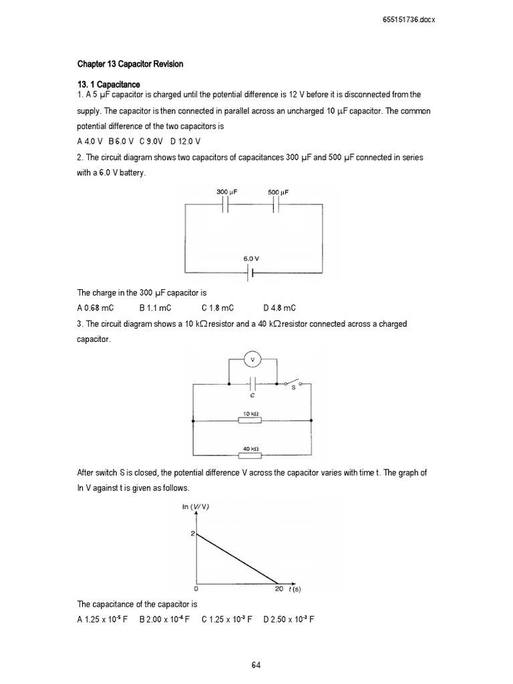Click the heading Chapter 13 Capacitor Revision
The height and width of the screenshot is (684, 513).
(x=130, y=64)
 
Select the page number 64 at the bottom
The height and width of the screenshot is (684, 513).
(x=256, y=665)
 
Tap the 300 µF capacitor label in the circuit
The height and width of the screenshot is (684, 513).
(x=227, y=192)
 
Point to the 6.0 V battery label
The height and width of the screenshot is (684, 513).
(x=252, y=258)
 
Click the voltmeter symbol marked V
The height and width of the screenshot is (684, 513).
(x=252, y=360)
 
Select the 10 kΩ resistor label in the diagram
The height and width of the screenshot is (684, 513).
(x=251, y=414)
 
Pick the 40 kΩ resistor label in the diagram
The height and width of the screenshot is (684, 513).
(x=251, y=449)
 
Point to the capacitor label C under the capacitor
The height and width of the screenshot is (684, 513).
(x=253, y=395)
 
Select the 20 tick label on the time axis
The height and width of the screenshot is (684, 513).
(x=279, y=589)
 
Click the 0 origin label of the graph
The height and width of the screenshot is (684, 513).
(x=196, y=589)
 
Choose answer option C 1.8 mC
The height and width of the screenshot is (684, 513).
(x=217, y=308)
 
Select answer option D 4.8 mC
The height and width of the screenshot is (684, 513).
(x=279, y=308)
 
